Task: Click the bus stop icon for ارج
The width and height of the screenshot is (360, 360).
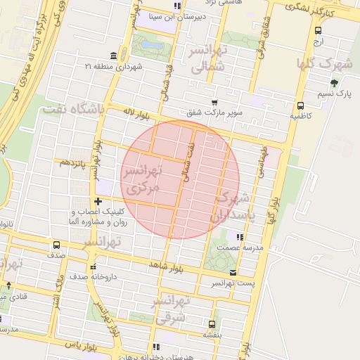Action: click(x=319, y=30)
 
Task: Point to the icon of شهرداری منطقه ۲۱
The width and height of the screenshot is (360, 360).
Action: click(x=114, y=56)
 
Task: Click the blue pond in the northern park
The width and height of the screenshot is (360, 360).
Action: click(x=150, y=46)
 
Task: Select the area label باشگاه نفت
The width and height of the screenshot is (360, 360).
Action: click(x=73, y=109)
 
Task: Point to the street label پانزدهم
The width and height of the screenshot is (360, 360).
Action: click(x=72, y=162)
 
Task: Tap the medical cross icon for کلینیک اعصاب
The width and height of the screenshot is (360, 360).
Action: click(x=98, y=202)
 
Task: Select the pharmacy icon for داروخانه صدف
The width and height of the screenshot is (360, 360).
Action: click(x=94, y=266)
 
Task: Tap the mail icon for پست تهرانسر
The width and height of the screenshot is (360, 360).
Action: click(x=233, y=272)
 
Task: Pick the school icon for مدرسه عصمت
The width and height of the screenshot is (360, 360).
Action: click(x=239, y=238)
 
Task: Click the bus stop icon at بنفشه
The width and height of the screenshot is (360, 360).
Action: click(x=212, y=324)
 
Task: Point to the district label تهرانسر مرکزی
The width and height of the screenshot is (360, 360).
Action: click(x=142, y=179)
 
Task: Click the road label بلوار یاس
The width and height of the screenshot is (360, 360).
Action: click(x=79, y=346)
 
